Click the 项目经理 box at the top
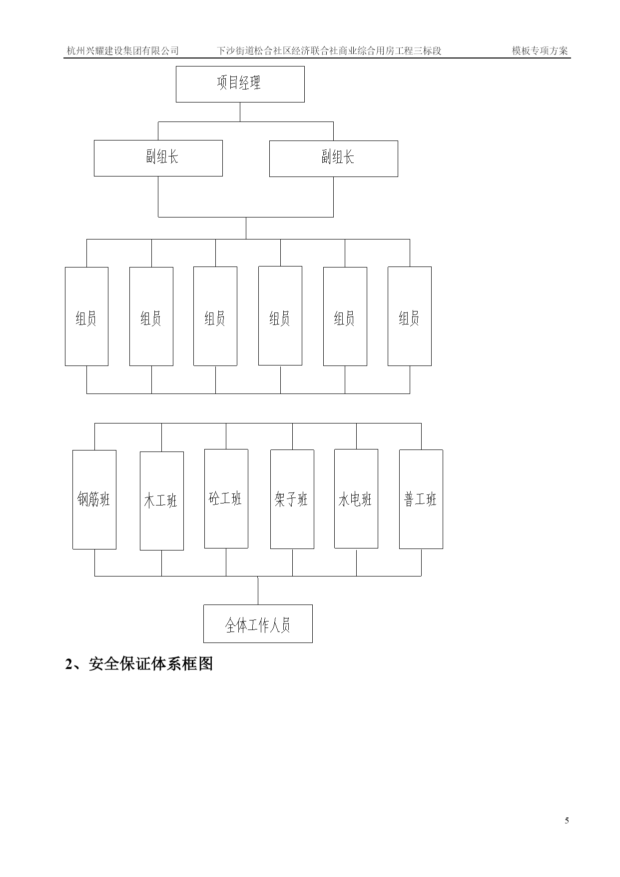(240, 84)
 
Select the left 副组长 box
(158, 158)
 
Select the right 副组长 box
(334, 158)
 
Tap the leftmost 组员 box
(86, 316)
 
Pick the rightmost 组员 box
(410, 316)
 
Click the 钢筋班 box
(94, 499)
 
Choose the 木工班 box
(162, 501)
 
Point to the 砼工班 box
(226, 498)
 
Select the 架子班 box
(292, 499)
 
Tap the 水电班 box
(356, 498)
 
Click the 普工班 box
(421, 499)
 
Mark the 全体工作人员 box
(258, 623)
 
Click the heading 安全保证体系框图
(151, 664)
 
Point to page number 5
(567, 820)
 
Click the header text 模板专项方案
(540, 50)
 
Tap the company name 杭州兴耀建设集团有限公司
(123, 50)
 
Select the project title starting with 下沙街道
(329, 50)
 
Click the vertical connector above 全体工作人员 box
(258, 590)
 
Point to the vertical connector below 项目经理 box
(240, 112)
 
